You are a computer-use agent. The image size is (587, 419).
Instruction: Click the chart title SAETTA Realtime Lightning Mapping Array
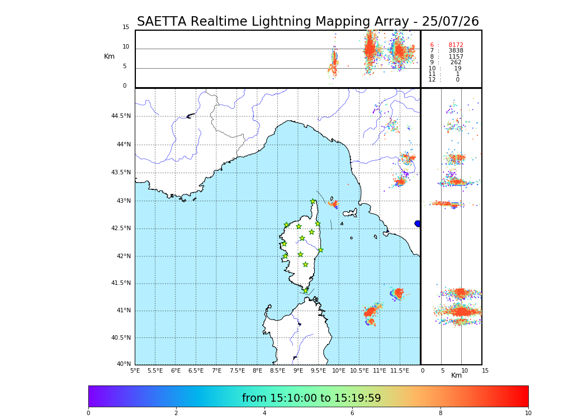click(307, 22)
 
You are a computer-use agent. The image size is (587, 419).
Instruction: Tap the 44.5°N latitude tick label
click(121, 116)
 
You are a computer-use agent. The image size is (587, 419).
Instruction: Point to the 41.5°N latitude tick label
click(121, 283)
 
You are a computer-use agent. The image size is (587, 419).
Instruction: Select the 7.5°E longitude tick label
click(237, 370)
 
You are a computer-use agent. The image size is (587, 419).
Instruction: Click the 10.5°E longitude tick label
click(359, 370)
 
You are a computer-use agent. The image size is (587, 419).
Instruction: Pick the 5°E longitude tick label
click(135, 370)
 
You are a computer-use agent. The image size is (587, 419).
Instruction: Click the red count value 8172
click(456, 45)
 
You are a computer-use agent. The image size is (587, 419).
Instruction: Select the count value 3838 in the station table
click(456, 51)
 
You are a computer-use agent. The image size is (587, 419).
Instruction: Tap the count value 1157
click(456, 57)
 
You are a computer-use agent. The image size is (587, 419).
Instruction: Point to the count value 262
click(456, 63)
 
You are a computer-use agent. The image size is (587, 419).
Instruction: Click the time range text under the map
click(311, 398)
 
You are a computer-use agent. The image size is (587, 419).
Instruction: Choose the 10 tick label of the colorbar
click(528, 413)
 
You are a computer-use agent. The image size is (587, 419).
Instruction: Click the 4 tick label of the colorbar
click(264, 413)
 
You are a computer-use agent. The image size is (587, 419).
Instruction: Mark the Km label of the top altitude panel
click(109, 56)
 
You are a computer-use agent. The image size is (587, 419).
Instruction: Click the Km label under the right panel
click(456, 375)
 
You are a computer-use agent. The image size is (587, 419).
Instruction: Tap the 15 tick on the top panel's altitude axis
click(126, 27)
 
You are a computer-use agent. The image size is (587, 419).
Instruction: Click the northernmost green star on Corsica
click(313, 202)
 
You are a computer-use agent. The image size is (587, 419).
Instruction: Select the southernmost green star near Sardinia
click(305, 291)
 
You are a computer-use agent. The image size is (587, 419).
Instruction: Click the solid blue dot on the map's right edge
click(418, 223)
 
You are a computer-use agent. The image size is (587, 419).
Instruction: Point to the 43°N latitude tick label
click(123, 201)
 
